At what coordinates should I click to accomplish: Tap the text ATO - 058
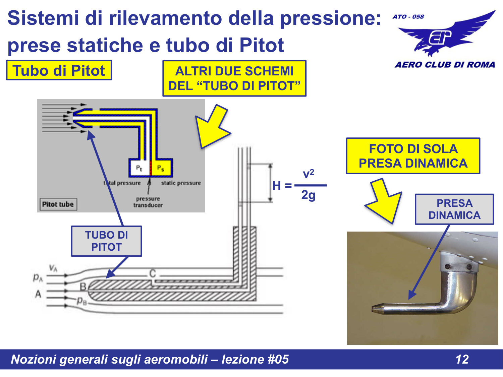408,17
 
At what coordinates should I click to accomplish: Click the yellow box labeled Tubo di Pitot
59,70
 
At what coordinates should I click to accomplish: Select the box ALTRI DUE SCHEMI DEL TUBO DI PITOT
234,78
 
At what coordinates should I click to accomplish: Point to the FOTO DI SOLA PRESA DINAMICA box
413,156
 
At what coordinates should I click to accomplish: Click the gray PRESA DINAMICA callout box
454,209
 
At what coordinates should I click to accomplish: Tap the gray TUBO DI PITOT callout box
106,241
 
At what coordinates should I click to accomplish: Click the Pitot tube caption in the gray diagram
58,204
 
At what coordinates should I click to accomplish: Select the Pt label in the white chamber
139,168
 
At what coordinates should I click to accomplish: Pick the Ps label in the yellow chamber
161,168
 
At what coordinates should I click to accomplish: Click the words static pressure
181,183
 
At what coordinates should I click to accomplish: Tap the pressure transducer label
148,202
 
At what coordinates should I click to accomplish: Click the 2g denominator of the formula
308,195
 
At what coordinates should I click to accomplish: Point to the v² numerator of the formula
308,174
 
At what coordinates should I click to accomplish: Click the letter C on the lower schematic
153,273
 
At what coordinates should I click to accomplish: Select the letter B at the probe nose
83,287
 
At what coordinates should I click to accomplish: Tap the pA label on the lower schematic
38,277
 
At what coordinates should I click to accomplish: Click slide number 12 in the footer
462,359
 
